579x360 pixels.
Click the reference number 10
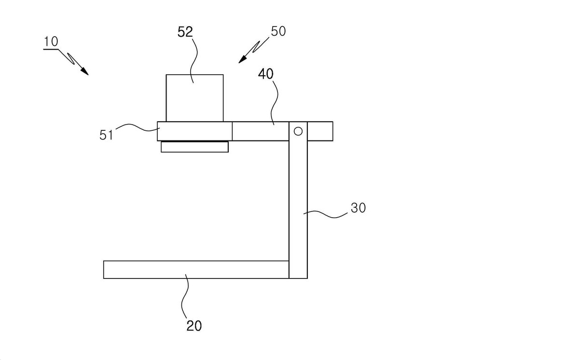[x=51, y=42]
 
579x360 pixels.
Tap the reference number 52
[x=185, y=32]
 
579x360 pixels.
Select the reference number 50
[x=278, y=31]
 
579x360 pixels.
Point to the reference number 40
[x=266, y=74]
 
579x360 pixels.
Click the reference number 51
[x=107, y=135]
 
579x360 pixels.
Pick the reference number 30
[x=358, y=208]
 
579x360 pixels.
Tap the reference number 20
[x=194, y=326]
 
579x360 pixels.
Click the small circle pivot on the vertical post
[x=298, y=131]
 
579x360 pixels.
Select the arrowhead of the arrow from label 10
[x=84, y=71]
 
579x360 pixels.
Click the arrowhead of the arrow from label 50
[x=242, y=59]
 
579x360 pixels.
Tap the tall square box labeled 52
[x=194, y=98]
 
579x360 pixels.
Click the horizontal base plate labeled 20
[x=196, y=270]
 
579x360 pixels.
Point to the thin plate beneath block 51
[x=194, y=147]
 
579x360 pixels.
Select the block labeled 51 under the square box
[x=194, y=131]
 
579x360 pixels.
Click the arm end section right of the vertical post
[x=320, y=131]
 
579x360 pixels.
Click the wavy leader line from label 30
[x=326, y=214]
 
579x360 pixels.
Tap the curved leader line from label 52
[x=193, y=61]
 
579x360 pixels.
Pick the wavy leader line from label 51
[x=138, y=127]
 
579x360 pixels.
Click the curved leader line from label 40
[x=275, y=103]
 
